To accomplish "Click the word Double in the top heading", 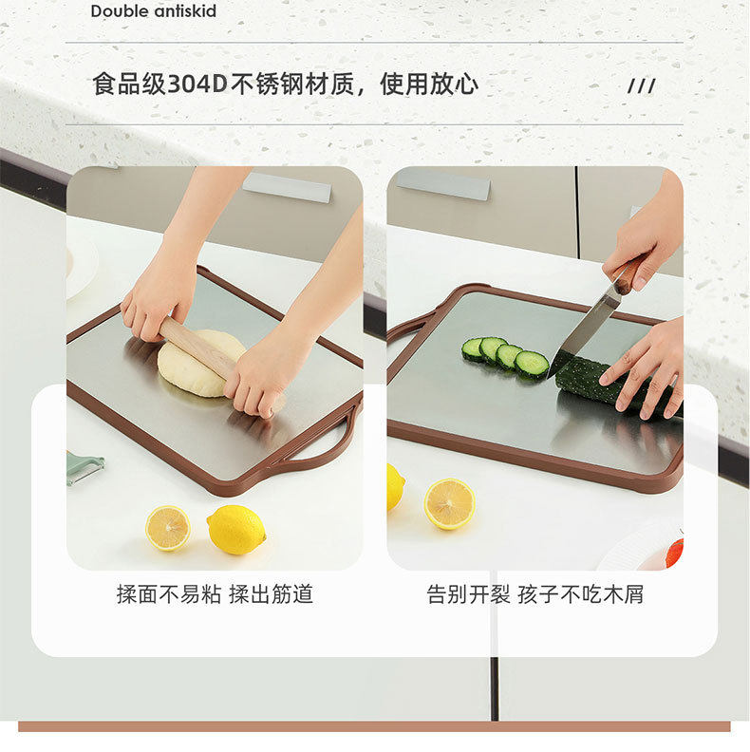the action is click(x=119, y=10).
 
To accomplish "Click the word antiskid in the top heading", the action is click(x=184, y=10).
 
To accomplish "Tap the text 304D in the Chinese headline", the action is click(x=197, y=85).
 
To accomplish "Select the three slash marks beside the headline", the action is click(x=642, y=86).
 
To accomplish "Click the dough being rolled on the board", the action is click(x=200, y=363).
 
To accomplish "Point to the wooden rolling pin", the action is click(x=218, y=363).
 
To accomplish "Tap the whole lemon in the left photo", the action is click(x=236, y=530).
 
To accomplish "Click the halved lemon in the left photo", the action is click(x=168, y=528).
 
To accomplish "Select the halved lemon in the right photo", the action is click(x=449, y=503).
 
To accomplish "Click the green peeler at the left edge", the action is click(x=84, y=467).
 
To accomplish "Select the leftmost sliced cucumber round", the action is click(x=473, y=349).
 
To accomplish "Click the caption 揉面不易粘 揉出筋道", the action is click(x=215, y=594).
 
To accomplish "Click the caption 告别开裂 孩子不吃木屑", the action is click(x=534, y=594).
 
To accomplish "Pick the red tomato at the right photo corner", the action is click(x=675, y=552).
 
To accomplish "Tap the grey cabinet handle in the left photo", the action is click(x=287, y=187).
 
